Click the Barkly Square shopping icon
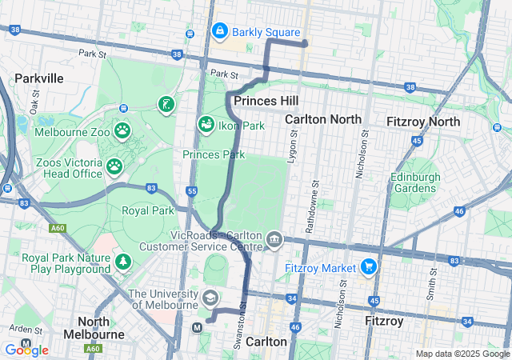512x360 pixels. pos(219,31)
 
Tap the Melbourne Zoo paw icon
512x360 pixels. pos(122,130)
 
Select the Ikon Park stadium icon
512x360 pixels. pos(206,125)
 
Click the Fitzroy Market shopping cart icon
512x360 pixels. pos(369,266)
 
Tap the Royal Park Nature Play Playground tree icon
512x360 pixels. pos(122,261)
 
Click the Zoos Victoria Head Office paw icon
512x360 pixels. pos(115,166)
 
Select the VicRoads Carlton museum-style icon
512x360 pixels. pos(274,239)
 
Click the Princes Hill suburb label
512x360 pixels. pos(266,102)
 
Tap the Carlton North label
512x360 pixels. pos(323,119)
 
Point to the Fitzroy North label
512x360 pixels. pos(422,122)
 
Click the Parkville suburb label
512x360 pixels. pos(38,78)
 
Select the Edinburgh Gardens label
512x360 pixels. pos(414,182)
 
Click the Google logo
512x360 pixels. pos(26,350)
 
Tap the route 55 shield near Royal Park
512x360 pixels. pos(190,190)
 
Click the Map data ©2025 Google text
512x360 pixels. pos(462,354)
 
